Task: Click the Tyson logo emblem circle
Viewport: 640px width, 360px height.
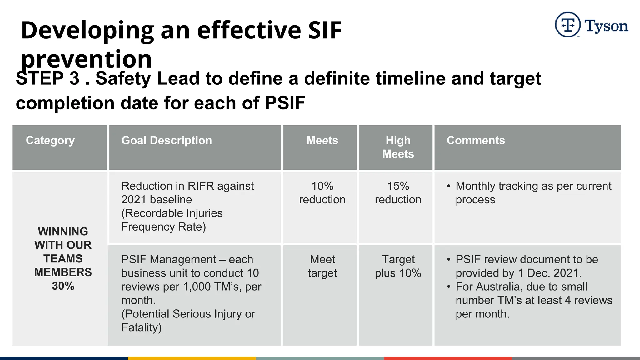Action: (x=567, y=25)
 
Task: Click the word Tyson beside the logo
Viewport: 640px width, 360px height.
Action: (x=606, y=26)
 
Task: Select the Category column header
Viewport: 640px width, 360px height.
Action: (x=50, y=141)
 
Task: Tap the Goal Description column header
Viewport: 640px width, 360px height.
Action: (x=167, y=141)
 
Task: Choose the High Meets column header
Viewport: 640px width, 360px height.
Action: (x=398, y=147)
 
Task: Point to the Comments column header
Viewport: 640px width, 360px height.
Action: (x=476, y=141)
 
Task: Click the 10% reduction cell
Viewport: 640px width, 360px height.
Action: (x=322, y=193)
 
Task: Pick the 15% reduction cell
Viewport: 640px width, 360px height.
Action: (x=398, y=193)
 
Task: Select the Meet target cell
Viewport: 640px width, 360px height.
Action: (x=322, y=266)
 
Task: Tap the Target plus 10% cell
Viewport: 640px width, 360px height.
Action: (x=398, y=266)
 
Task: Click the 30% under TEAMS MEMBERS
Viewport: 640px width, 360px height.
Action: (x=63, y=286)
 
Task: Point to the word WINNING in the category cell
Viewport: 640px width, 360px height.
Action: (x=63, y=232)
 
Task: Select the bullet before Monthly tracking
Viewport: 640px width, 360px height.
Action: (x=449, y=186)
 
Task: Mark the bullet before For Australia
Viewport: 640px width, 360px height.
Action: (x=449, y=287)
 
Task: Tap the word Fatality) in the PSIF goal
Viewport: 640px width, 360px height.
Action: (x=142, y=327)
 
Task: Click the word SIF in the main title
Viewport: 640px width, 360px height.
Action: (x=325, y=30)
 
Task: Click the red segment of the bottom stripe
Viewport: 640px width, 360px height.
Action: (x=448, y=358)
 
